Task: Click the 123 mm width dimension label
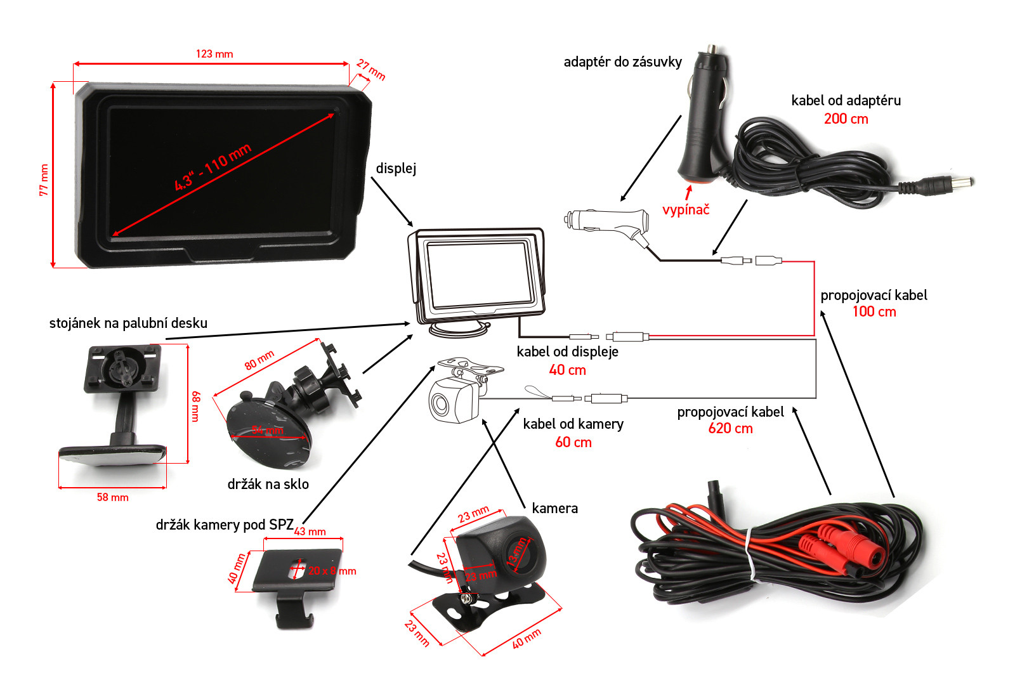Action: [x=214, y=54]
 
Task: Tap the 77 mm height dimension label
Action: [x=44, y=180]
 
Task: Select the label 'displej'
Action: [x=396, y=168]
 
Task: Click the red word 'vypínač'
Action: [x=686, y=209]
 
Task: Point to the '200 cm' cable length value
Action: [x=846, y=119]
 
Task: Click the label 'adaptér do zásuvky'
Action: [x=622, y=62]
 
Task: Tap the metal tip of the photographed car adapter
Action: [x=712, y=49]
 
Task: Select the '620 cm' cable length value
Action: [x=730, y=429]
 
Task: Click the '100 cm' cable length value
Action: [x=874, y=311]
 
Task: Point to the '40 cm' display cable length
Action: [x=567, y=370]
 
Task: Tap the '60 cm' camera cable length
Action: [x=573, y=442]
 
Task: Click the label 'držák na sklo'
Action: [x=268, y=484]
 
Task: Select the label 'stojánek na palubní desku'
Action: [x=128, y=323]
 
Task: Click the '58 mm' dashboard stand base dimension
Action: [x=112, y=497]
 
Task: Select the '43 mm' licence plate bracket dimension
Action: [x=310, y=532]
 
